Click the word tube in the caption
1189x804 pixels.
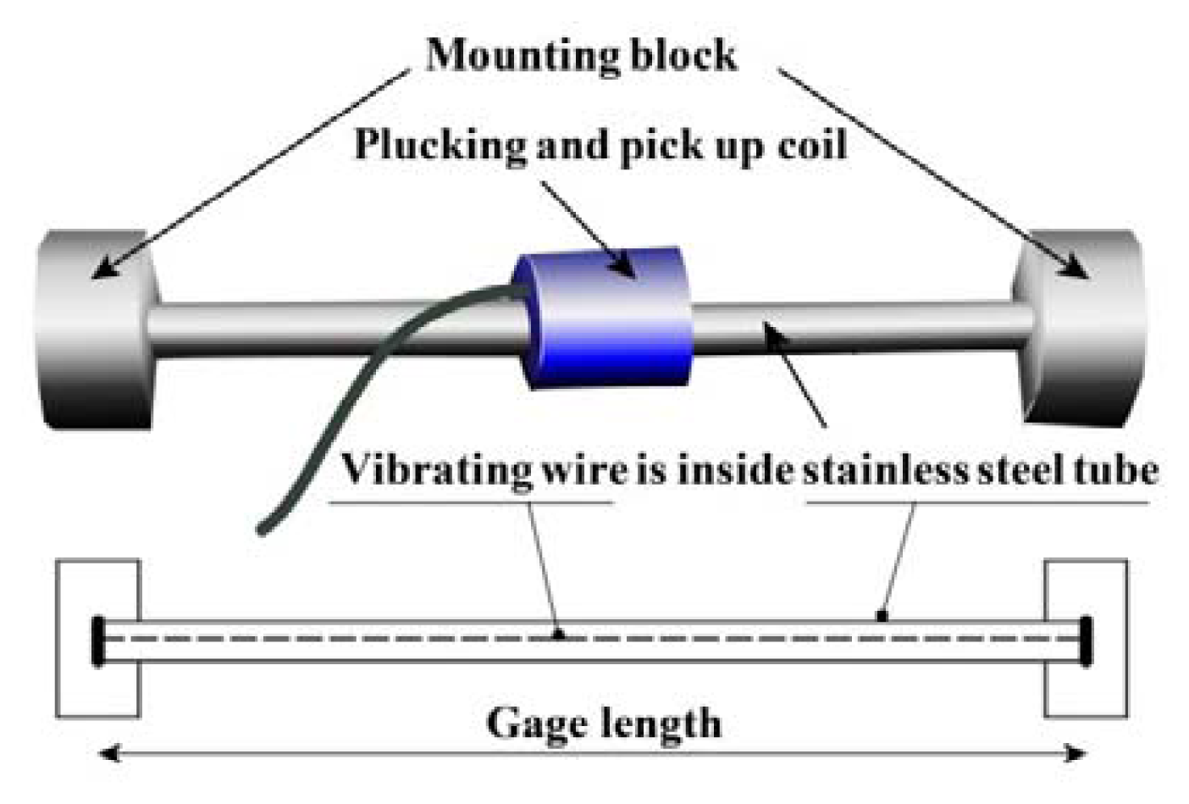(1116, 469)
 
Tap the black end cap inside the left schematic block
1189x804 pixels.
(98, 640)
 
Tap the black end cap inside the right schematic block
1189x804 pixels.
(1086, 640)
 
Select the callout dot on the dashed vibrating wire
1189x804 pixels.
(558, 634)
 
